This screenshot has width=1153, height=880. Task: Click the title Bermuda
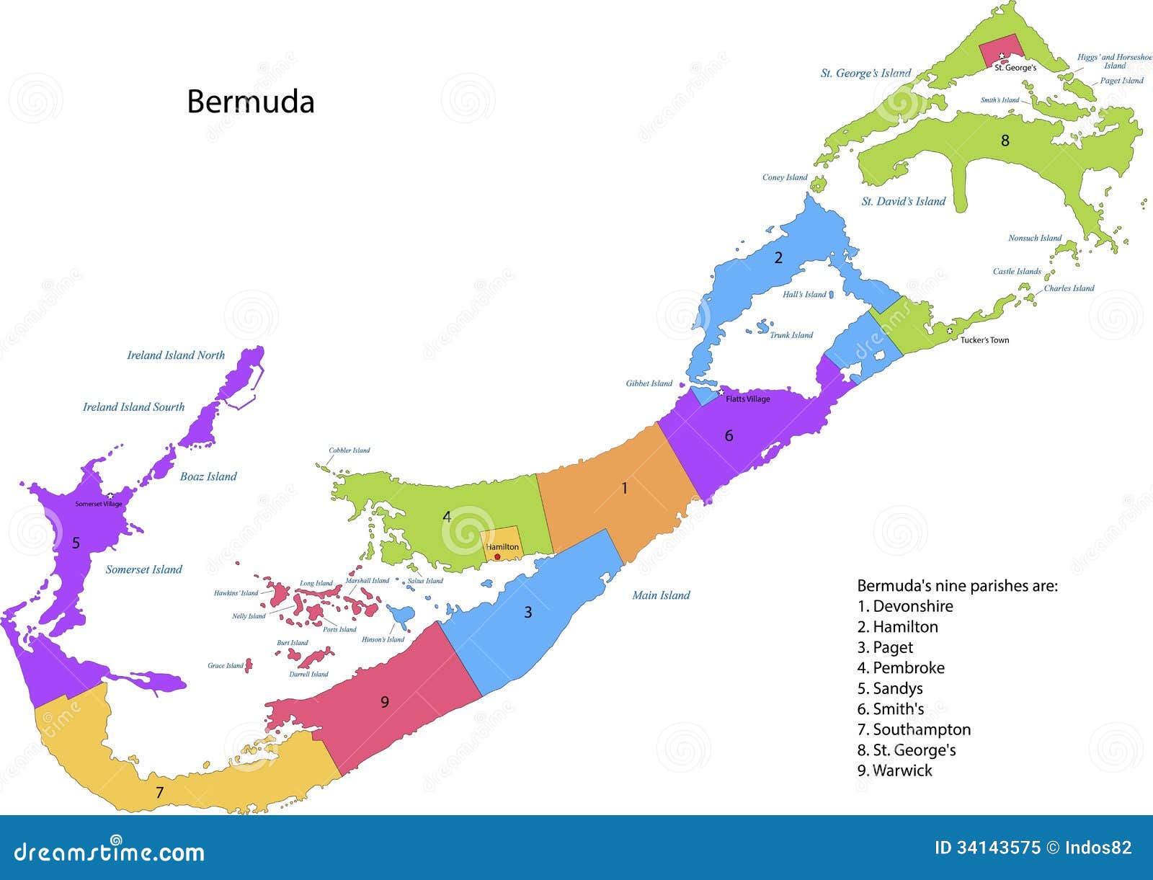pos(251,102)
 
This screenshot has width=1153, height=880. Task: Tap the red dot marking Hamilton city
pos(497,556)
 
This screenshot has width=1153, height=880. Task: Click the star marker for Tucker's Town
pos(950,331)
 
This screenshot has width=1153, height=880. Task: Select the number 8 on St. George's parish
pos(1005,141)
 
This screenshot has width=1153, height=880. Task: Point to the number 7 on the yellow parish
pos(159,793)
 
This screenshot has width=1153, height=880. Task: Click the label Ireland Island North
pos(176,355)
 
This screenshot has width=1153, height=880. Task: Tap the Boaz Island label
pos(208,476)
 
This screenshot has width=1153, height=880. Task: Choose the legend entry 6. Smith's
pos(891,709)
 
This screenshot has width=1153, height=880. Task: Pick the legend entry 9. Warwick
pos(894,770)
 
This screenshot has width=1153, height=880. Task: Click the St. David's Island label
pos(904,202)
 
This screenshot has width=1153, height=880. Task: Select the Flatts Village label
pos(747,399)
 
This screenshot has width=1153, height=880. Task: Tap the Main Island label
pos(661,595)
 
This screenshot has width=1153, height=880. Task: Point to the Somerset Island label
pos(144,569)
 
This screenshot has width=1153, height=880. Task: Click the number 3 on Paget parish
pos(527,613)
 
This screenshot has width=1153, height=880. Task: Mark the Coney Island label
pos(785,177)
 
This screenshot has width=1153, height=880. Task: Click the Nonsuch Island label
pos(1035,238)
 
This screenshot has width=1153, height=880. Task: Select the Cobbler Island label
pos(349,450)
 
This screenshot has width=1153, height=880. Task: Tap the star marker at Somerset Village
pos(110,496)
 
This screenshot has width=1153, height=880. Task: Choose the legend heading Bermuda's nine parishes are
pos(957,586)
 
